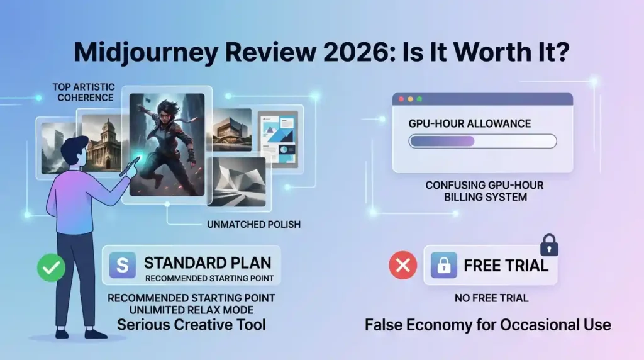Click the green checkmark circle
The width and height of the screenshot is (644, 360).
pyautogui.click(x=51, y=267)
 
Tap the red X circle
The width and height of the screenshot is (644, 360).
pyautogui.click(x=403, y=266)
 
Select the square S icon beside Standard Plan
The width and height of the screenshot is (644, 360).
pyautogui.click(x=123, y=265)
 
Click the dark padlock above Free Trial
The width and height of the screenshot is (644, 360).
pyautogui.click(x=549, y=245)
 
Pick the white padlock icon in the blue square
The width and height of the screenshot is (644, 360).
pyautogui.click(x=444, y=265)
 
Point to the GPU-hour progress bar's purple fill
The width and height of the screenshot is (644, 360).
pyautogui.click(x=442, y=142)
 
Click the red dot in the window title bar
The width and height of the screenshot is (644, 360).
pyautogui.click(x=401, y=99)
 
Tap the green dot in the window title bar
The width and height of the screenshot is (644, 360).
pyautogui.click(x=419, y=99)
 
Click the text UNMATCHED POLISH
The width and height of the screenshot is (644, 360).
pyautogui.click(x=254, y=225)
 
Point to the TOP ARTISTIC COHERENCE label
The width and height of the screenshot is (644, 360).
pyautogui.click(x=84, y=93)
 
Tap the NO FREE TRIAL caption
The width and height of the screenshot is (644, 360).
pyautogui.click(x=491, y=298)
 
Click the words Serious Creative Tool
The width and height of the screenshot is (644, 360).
pyautogui.click(x=191, y=325)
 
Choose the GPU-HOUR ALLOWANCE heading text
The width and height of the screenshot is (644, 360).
pyautogui.click(x=469, y=124)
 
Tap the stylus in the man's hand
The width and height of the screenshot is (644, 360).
pyautogui.click(x=129, y=169)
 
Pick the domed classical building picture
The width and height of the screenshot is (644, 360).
pyautogui.click(x=101, y=142)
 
